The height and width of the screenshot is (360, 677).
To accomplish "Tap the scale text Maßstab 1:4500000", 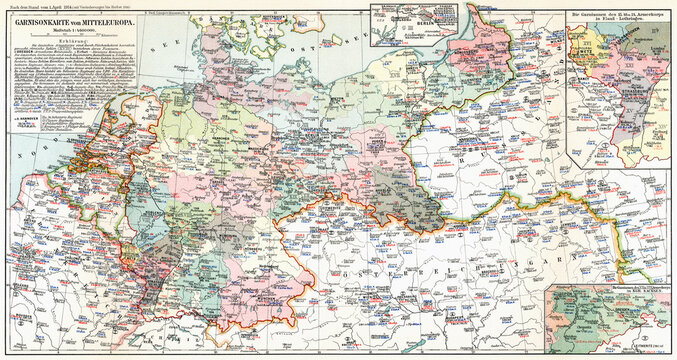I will (x=91, y=57).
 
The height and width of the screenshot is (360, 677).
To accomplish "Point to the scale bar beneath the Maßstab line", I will (x=91, y=64).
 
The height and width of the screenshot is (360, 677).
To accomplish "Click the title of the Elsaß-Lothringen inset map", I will (x=619, y=17).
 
